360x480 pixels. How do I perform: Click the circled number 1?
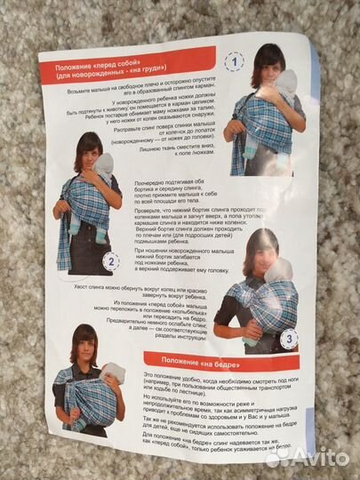tap(234, 62)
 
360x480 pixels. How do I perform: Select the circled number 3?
tap(288, 338)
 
